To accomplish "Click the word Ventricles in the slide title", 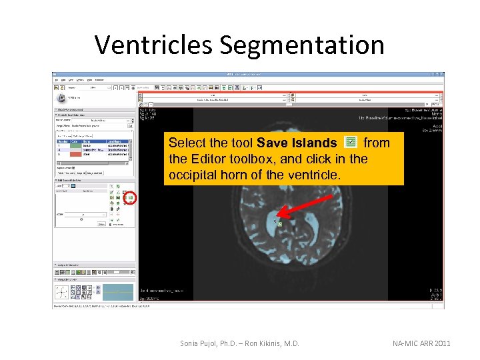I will tap(154, 45).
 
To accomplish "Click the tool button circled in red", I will tap(131, 198).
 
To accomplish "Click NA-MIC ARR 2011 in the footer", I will tap(421, 343).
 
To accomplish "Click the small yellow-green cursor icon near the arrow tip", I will tap(280, 224).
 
